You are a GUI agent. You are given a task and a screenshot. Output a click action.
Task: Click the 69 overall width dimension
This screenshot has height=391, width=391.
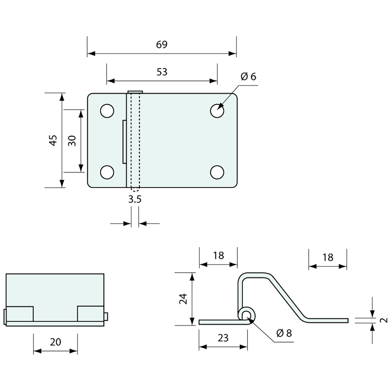(x=161, y=44)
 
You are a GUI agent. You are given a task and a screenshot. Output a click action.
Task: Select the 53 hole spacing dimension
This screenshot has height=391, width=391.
(x=162, y=72)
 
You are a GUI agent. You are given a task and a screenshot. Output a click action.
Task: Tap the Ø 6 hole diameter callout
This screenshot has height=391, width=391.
(x=248, y=77)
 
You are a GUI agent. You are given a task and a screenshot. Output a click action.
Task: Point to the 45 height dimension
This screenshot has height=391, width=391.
(x=53, y=140)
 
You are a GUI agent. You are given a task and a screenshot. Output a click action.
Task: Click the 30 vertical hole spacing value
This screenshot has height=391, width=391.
(x=73, y=141)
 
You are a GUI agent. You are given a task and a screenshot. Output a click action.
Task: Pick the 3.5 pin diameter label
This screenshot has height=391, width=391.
(x=135, y=199)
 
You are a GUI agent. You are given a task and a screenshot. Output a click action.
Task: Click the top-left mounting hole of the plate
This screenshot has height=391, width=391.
(x=107, y=111)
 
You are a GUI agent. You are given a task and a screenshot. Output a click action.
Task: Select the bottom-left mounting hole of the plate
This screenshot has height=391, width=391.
(x=107, y=172)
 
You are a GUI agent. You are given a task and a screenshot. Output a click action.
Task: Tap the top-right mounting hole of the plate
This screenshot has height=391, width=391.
(x=217, y=111)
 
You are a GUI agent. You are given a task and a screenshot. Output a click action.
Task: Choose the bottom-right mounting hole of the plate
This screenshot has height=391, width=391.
(x=217, y=172)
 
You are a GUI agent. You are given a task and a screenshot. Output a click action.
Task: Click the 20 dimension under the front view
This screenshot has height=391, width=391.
(x=55, y=342)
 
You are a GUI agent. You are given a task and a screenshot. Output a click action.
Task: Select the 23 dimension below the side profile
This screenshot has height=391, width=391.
(x=223, y=338)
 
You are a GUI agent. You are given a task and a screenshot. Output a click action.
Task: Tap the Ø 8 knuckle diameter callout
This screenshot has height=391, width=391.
(x=284, y=333)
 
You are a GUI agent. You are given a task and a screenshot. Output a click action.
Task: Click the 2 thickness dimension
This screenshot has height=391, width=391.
(x=383, y=320)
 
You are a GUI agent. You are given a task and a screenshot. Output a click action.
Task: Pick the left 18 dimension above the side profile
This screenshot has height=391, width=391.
(x=219, y=255)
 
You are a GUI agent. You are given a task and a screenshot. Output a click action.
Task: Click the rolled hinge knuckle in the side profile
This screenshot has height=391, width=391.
(x=246, y=315)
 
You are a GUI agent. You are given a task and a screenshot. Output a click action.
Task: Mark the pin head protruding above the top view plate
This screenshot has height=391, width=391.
(x=135, y=92)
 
